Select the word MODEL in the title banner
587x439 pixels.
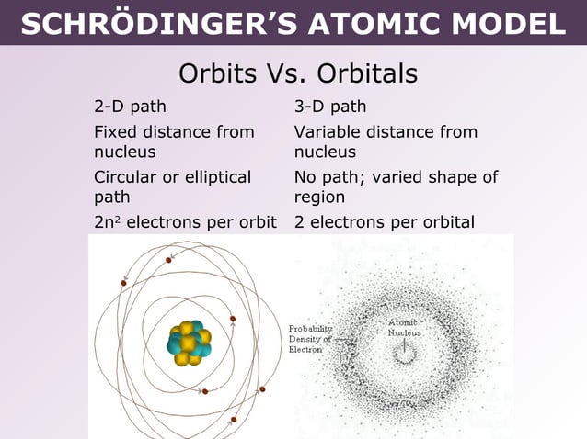pos(513,23)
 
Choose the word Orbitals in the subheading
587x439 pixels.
pos(368,73)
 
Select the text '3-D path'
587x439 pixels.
pos(330,107)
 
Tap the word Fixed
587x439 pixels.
pos(116,132)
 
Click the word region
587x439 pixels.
pos(319,197)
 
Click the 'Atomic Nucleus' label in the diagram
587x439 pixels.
pos(404,328)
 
